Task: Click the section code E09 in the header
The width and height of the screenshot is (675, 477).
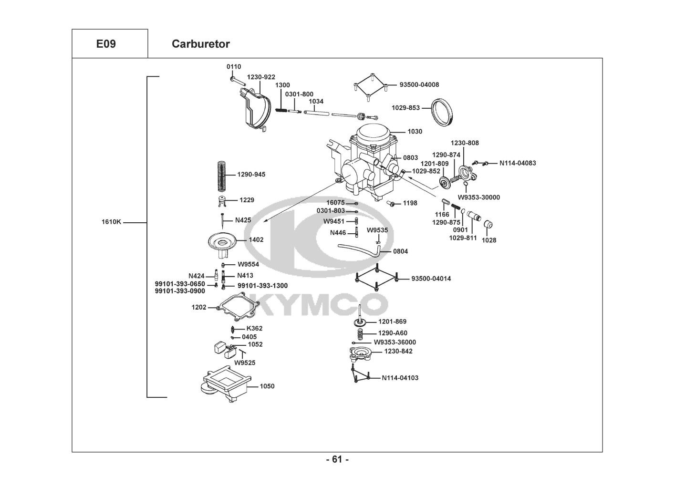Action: (x=106, y=44)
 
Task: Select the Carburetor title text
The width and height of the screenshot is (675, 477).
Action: (x=200, y=44)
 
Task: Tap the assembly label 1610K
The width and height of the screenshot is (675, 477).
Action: (x=112, y=222)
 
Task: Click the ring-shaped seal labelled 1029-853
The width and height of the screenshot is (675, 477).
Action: (x=442, y=112)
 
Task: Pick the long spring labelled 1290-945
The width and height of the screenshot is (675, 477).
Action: (x=220, y=175)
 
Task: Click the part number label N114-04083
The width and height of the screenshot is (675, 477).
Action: (x=518, y=163)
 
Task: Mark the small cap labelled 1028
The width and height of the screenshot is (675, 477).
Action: (x=488, y=225)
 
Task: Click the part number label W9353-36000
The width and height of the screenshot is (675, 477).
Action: (x=395, y=342)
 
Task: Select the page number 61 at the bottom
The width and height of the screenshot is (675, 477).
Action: (x=337, y=460)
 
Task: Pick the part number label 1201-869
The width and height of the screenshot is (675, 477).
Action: (x=392, y=322)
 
